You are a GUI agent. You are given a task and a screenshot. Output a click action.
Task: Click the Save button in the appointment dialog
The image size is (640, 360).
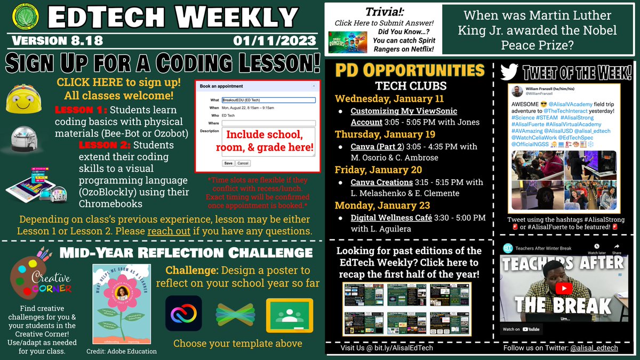228,163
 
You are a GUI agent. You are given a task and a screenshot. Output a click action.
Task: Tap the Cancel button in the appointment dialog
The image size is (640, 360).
243,163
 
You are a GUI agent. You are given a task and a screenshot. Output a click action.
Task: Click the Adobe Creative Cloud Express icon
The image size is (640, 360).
183,314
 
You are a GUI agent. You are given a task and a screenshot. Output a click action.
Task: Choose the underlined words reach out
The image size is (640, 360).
163,231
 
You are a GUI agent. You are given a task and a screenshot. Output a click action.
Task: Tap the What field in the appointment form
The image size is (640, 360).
268,100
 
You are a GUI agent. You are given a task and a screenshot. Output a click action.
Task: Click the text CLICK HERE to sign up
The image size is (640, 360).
118,83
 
